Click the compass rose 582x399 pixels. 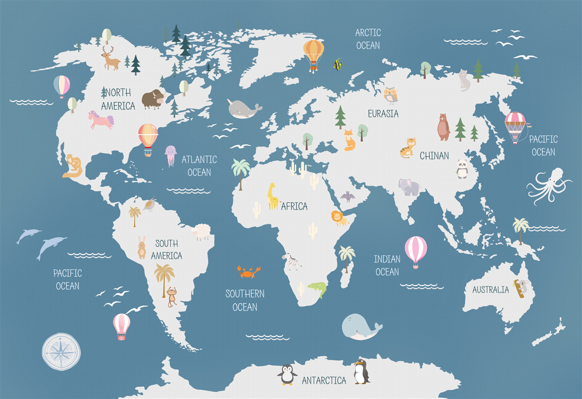[61, 352]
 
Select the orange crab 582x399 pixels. [248, 272]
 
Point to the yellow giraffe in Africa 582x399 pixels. [273, 196]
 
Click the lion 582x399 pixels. [339, 218]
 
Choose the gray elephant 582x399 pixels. [409, 187]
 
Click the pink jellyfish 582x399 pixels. [171, 155]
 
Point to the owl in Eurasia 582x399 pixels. [390, 95]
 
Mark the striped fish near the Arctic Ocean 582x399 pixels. [338, 64]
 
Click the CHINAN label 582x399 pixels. [434, 156]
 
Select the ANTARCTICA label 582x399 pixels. [324, 381]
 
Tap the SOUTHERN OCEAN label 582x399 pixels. [245, 300]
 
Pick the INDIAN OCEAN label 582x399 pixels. [387, 265]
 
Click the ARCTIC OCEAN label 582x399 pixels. [368, 39]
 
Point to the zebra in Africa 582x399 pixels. [292, 261]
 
